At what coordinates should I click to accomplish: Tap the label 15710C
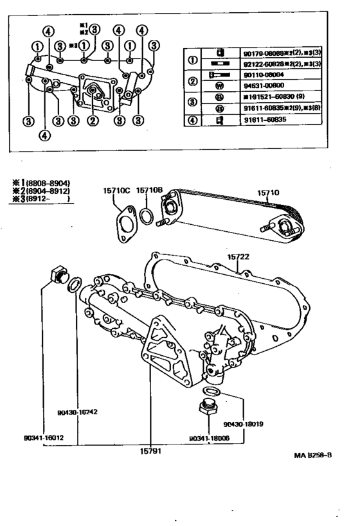point(116,191)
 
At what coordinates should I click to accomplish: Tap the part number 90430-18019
point(244,425)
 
